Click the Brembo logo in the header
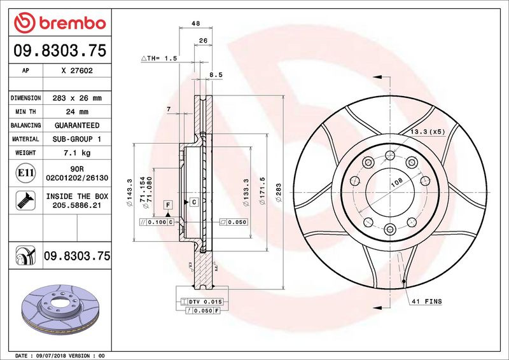pyautogui.click(x=60, y=23)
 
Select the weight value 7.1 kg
pyautogui.click(x=77, y=153)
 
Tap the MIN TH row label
pyautogui.click(x=25, y=112)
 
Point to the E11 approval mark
pyautogui.click(x=25, y=173)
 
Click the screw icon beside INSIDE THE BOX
pyautogui.click(x=25, y=200)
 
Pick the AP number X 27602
pyautogui.click(x=77, y=71)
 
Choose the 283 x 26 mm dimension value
pyautogui.click(x=77, y=98)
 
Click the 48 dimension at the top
pyautogui.click(x=196, y=24)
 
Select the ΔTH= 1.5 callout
pyautogui.click(x=160, y=59)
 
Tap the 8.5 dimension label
pyautogui.click(x=216, y=74)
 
